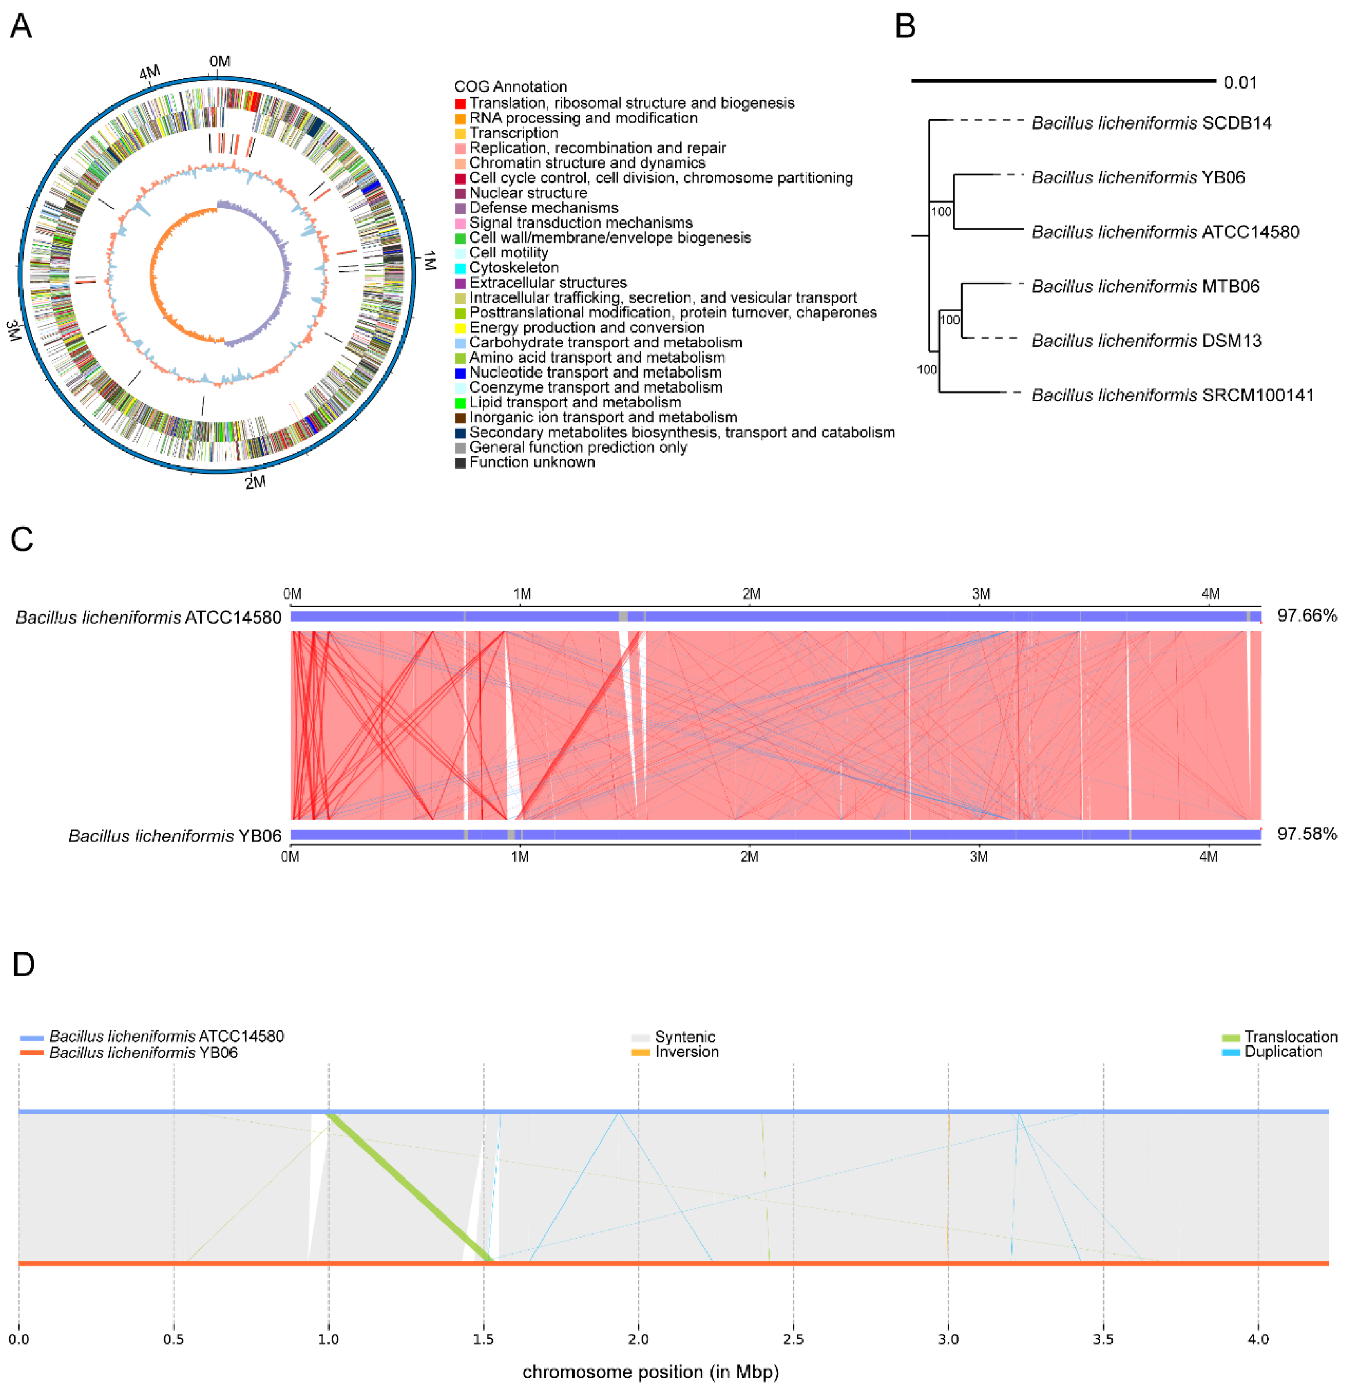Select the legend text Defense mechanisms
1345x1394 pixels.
(543, 208)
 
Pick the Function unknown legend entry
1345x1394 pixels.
(532, 462)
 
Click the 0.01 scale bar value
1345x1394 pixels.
(1240, 83)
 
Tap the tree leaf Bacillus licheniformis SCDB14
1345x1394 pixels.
(1151, 123)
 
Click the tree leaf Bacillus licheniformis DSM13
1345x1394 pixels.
(1146, 341)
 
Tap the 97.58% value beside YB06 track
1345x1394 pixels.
(1307, 833)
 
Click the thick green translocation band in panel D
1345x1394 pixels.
(410, 1186)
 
